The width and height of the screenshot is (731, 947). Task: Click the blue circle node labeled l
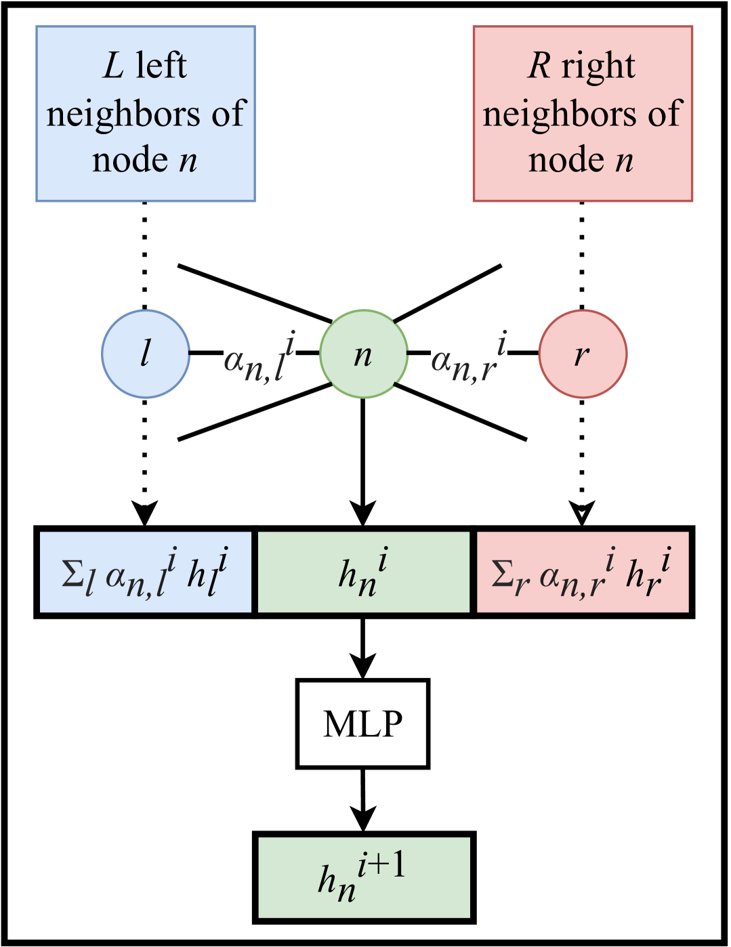click(146, 354)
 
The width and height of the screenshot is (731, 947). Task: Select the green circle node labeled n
click(364, 354)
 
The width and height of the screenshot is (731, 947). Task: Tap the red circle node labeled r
click(583, 354)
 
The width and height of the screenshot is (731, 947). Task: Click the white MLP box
click(362, 723)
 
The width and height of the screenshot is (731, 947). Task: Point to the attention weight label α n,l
click(259, 356)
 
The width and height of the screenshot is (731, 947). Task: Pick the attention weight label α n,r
click(469, 356)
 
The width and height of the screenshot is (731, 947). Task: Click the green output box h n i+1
click(364, 877)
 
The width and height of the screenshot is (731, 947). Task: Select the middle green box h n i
click(364, 572)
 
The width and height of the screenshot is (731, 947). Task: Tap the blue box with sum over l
click(146, 572)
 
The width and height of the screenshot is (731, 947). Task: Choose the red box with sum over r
click(583, 572)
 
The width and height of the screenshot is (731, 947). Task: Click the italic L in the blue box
click(113, 66)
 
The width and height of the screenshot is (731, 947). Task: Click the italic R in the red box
click(539, 66)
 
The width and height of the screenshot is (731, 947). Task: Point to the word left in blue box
click(161, 66)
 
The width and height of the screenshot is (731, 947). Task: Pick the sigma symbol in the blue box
click(72, 574)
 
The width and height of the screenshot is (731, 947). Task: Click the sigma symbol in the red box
click(502, 574)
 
